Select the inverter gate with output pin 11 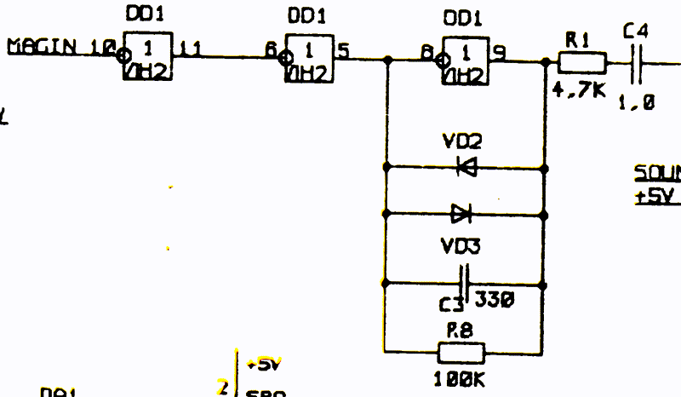pyautogui.click(x=149, y=56)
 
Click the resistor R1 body pyautogui.click(x=582, y=62)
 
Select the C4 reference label pyautogui.click(x=635, y=32)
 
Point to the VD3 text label pyautogui.click(x=461, y=246)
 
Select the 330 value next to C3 pyautogui.click(x=495, y=300)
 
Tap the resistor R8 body pyautogui.click(x=461, y=352)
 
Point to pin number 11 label pyautogui.click(x=192, y=49)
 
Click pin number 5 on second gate pyautogui.click(x=343, y=49)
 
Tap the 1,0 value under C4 pyautogui.click(x=638, y=102)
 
